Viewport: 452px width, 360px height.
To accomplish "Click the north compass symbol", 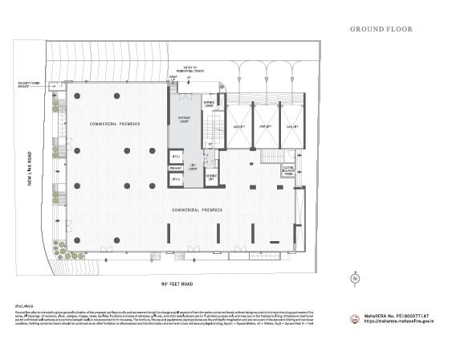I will (x=354, y=280).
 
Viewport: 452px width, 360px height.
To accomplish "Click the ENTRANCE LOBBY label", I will (x=184, y=118).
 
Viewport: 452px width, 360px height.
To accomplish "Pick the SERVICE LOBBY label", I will (x=209, y=104).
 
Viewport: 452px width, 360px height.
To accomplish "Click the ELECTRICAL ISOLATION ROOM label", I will (x=289, y=170).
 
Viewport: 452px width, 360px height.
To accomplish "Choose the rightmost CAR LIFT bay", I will (x=291, y=126).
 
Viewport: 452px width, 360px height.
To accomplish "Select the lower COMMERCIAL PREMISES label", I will (x=196, y=210).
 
